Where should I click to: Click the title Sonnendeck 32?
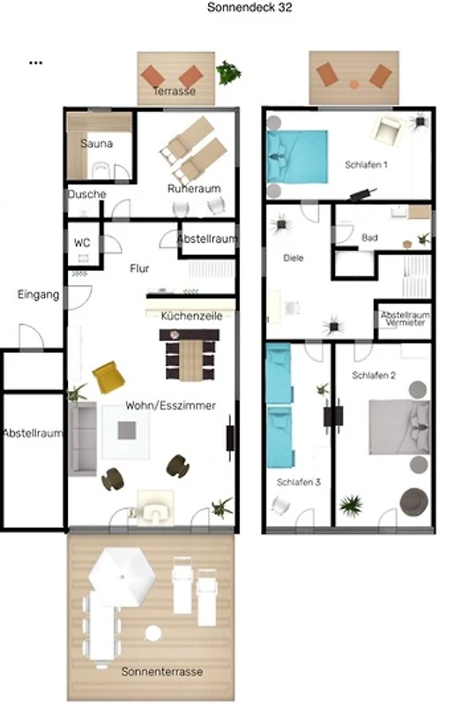pos(249,7)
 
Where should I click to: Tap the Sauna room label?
pos(96,144)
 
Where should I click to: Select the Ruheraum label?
pos(194,188)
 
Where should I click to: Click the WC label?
pos(82,243)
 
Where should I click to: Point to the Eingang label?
pos(38,295)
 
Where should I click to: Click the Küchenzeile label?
pos(191,316)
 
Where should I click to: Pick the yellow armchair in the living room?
pos(108,378)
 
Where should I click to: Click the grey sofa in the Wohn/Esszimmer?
pos(82,439)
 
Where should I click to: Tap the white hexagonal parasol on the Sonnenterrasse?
pos(122,577)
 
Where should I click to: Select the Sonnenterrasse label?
pos(162,672)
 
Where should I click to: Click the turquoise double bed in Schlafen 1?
pos(297,157)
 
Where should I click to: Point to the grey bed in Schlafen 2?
pos(399,427)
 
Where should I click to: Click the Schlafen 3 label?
pos(298,482)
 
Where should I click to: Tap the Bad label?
pos(369,237)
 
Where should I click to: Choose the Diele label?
pos(294,258)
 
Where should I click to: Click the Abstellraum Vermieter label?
pos(405,319)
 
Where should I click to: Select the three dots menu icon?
pos(35,63)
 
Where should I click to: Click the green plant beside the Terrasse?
pos(228,72)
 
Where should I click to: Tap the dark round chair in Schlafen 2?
pos(414,502)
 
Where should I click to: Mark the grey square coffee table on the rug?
pos(127,431)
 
